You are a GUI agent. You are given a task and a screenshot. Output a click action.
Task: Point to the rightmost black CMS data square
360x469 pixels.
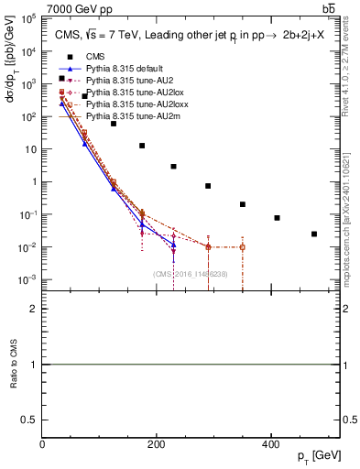click(314, 234)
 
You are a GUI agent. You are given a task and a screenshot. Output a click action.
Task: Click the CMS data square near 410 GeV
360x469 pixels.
click(277, 218)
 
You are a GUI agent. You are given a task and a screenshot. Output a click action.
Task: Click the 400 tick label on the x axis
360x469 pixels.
click(270, 444)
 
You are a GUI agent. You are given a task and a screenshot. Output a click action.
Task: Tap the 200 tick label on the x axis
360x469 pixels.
click(157, 444)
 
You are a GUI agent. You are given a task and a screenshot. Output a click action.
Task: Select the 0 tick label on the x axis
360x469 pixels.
click(43, 444)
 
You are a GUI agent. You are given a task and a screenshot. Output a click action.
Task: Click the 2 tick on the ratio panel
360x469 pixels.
click(35, 309)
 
